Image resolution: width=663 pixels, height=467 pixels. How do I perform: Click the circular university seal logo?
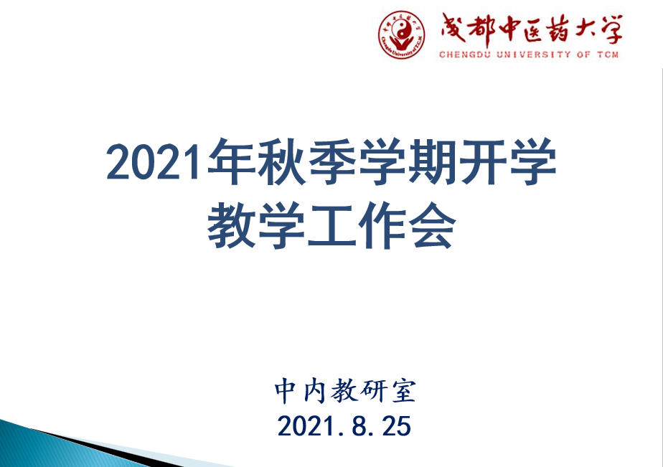(401, 34)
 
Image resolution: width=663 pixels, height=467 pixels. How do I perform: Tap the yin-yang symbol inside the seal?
(401, 31)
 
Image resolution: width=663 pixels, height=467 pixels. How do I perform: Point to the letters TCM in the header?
(608, 55)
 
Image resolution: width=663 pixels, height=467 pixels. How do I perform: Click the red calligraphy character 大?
(583, 29)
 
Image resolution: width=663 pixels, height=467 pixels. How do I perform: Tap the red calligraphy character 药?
(557, 30)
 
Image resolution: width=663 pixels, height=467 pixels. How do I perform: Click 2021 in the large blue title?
(154, 162)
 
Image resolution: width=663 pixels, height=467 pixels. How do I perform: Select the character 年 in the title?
(231, 162)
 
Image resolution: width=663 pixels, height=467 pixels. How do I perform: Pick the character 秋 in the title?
(281, 162)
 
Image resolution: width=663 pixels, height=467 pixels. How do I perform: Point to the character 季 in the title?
(332, 162)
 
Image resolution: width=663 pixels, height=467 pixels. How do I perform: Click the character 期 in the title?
(433, 162)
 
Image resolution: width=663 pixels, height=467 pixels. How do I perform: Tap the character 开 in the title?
(483, 162)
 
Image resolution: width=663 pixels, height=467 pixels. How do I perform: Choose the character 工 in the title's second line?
(332, 226)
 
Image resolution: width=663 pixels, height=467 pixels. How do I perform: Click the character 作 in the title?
(382, 226)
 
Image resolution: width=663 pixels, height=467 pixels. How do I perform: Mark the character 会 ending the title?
(433, 226)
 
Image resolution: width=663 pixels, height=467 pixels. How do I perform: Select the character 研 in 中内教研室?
(374, 390)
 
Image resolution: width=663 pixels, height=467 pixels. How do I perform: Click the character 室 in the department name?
(404, 390)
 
